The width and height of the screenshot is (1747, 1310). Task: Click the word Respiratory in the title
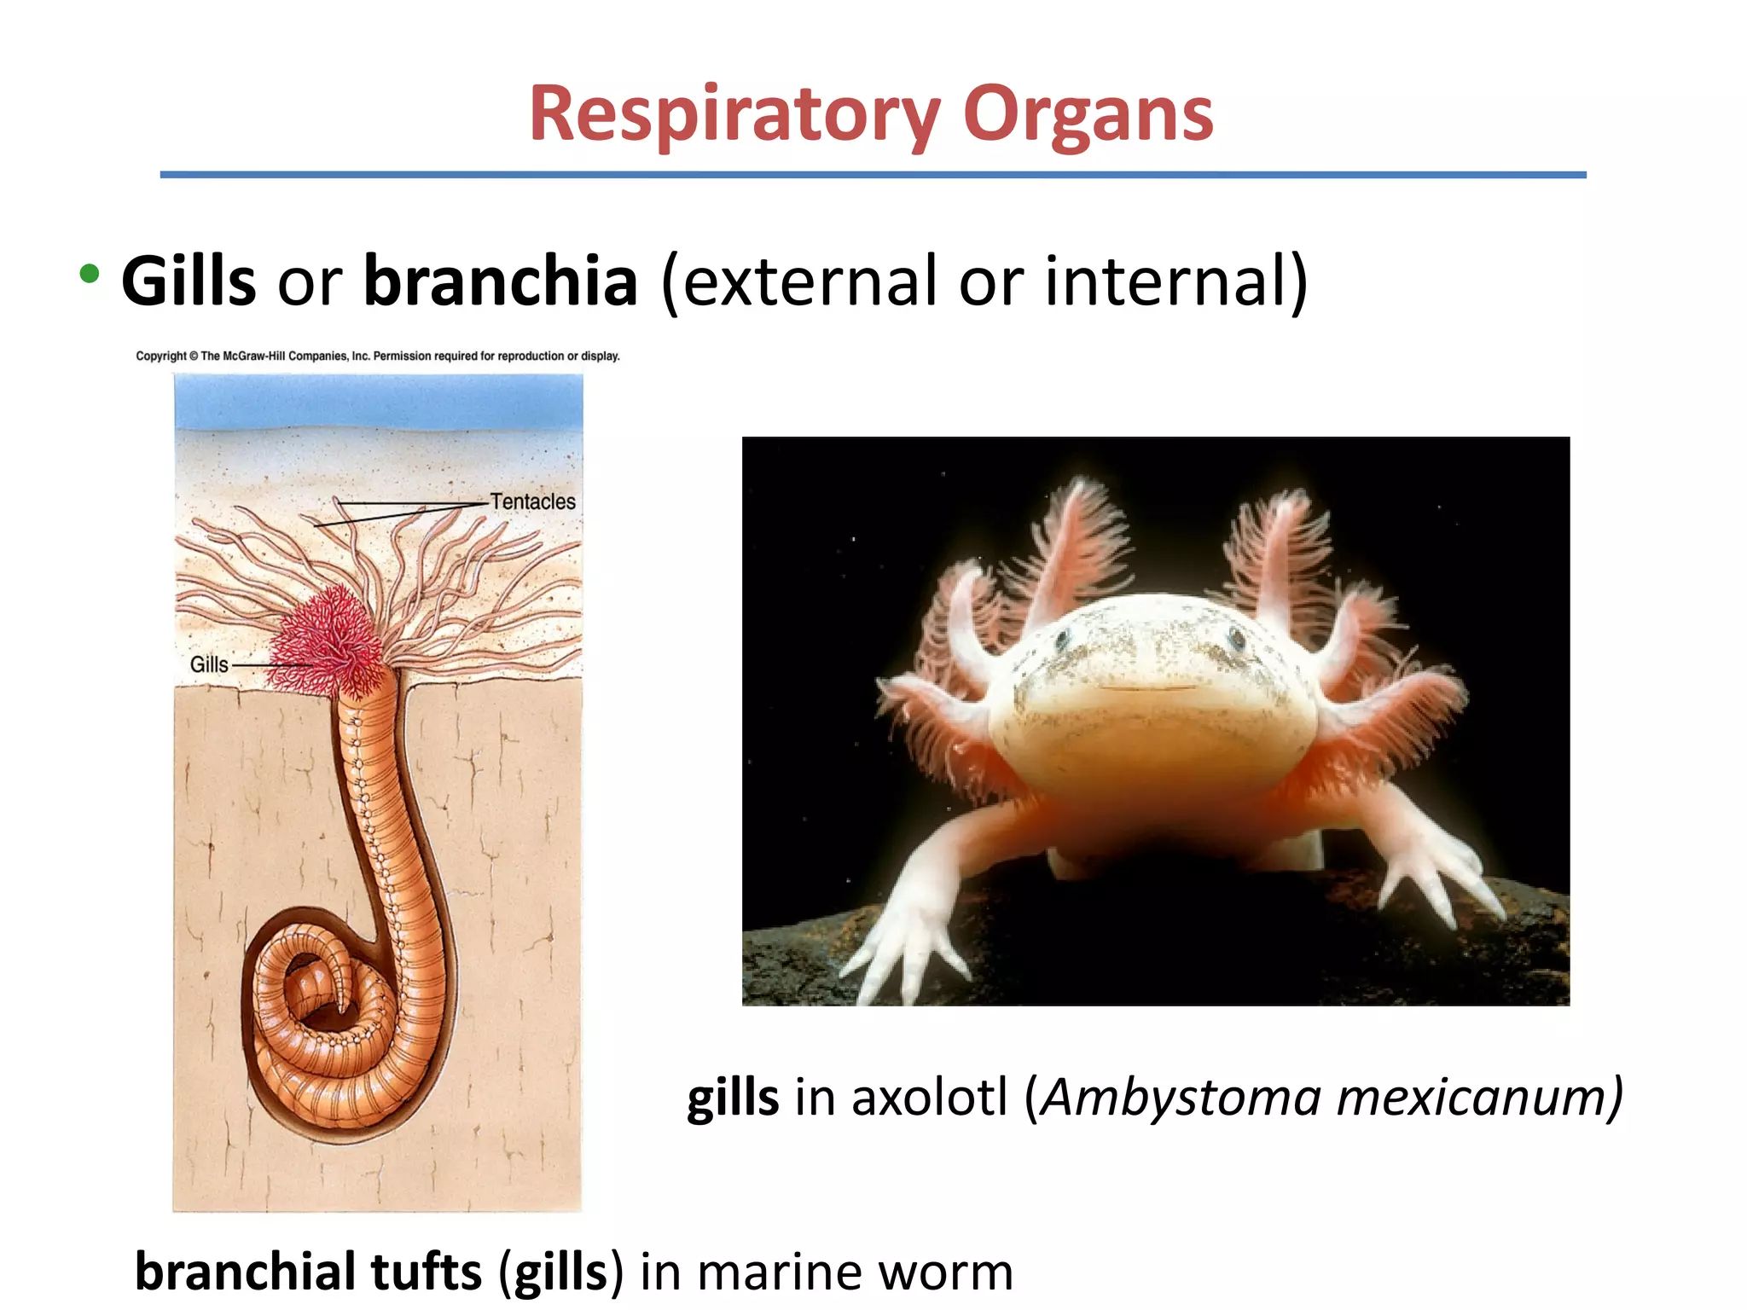[734, 115]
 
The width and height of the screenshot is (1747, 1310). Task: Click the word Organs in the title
[1088, 115]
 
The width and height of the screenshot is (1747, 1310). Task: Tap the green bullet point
[89, 275]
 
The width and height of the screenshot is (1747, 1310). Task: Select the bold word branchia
[501, 281]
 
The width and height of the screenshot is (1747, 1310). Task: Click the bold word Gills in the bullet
[189, 281]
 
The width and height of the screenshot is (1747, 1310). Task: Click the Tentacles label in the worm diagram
[532, 501]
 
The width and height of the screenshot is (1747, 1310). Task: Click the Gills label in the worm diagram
[209, 664]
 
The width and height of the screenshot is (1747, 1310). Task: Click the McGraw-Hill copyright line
[378, 356]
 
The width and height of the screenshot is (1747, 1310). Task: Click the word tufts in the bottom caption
[426, 1272]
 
